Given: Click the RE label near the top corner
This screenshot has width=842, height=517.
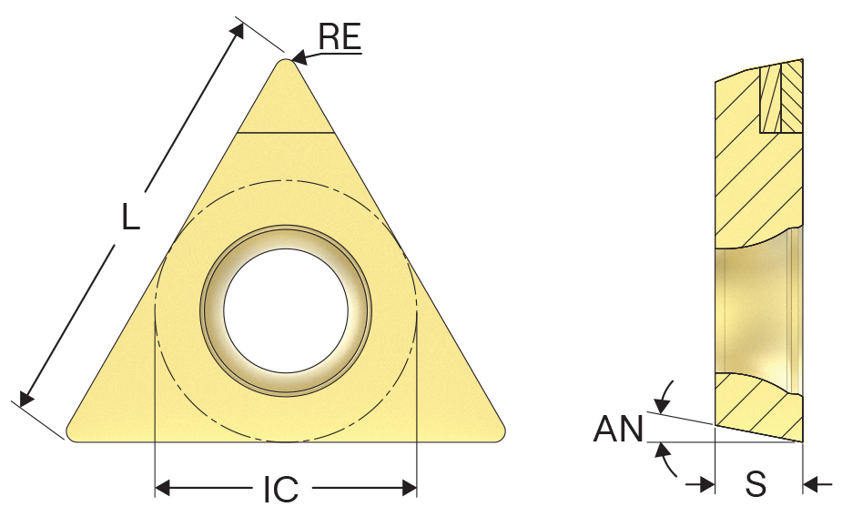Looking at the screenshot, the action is pyautogui.click(x=340, y=37).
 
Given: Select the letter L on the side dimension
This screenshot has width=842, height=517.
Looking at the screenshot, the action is pyautogui.click(x=130, y=216).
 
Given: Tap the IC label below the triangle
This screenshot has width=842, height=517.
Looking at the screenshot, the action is pyautogui.click(x=281, y=489).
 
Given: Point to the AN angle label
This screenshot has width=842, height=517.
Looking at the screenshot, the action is pyautogui.click(x=618, y=429).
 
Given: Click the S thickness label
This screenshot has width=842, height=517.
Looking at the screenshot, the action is pyautogui.click(x=756, y=483).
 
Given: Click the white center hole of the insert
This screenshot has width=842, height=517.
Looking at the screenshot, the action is pyautogui.click(x=286, y=310).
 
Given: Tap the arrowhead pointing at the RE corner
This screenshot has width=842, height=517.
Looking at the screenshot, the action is pyautogui.click(x=298, y=57).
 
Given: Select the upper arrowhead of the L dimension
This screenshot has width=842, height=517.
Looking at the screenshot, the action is pyautogui.click(x=237, y=30).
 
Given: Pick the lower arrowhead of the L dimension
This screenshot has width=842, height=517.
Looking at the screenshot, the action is pyautogui.click(x=25, y=397).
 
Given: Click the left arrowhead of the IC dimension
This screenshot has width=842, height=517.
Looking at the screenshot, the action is pyautogui.click(x=163, y=488).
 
